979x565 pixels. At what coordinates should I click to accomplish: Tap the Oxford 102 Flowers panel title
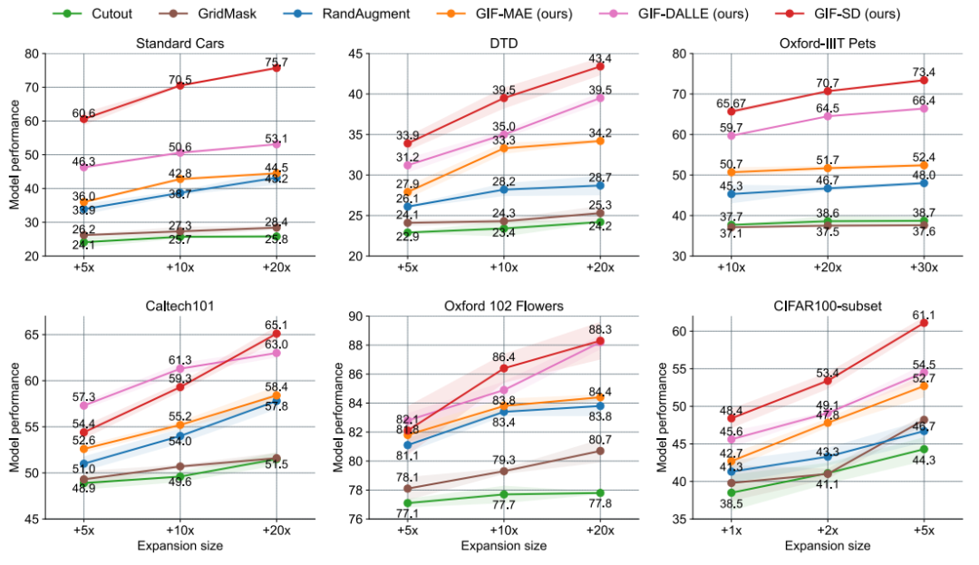coord(502,306)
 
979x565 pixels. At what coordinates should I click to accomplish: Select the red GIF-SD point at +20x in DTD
coord(599,66)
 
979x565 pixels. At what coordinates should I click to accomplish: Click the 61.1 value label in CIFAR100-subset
coord(924,315)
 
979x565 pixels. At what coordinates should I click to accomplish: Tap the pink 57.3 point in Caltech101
coord(83,405)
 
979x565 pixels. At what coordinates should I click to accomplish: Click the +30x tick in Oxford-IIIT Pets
coord(924,269)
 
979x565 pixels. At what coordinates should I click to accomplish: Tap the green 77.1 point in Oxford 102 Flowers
coord(407,502)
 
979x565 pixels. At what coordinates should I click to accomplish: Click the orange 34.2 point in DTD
coord(599,141)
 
